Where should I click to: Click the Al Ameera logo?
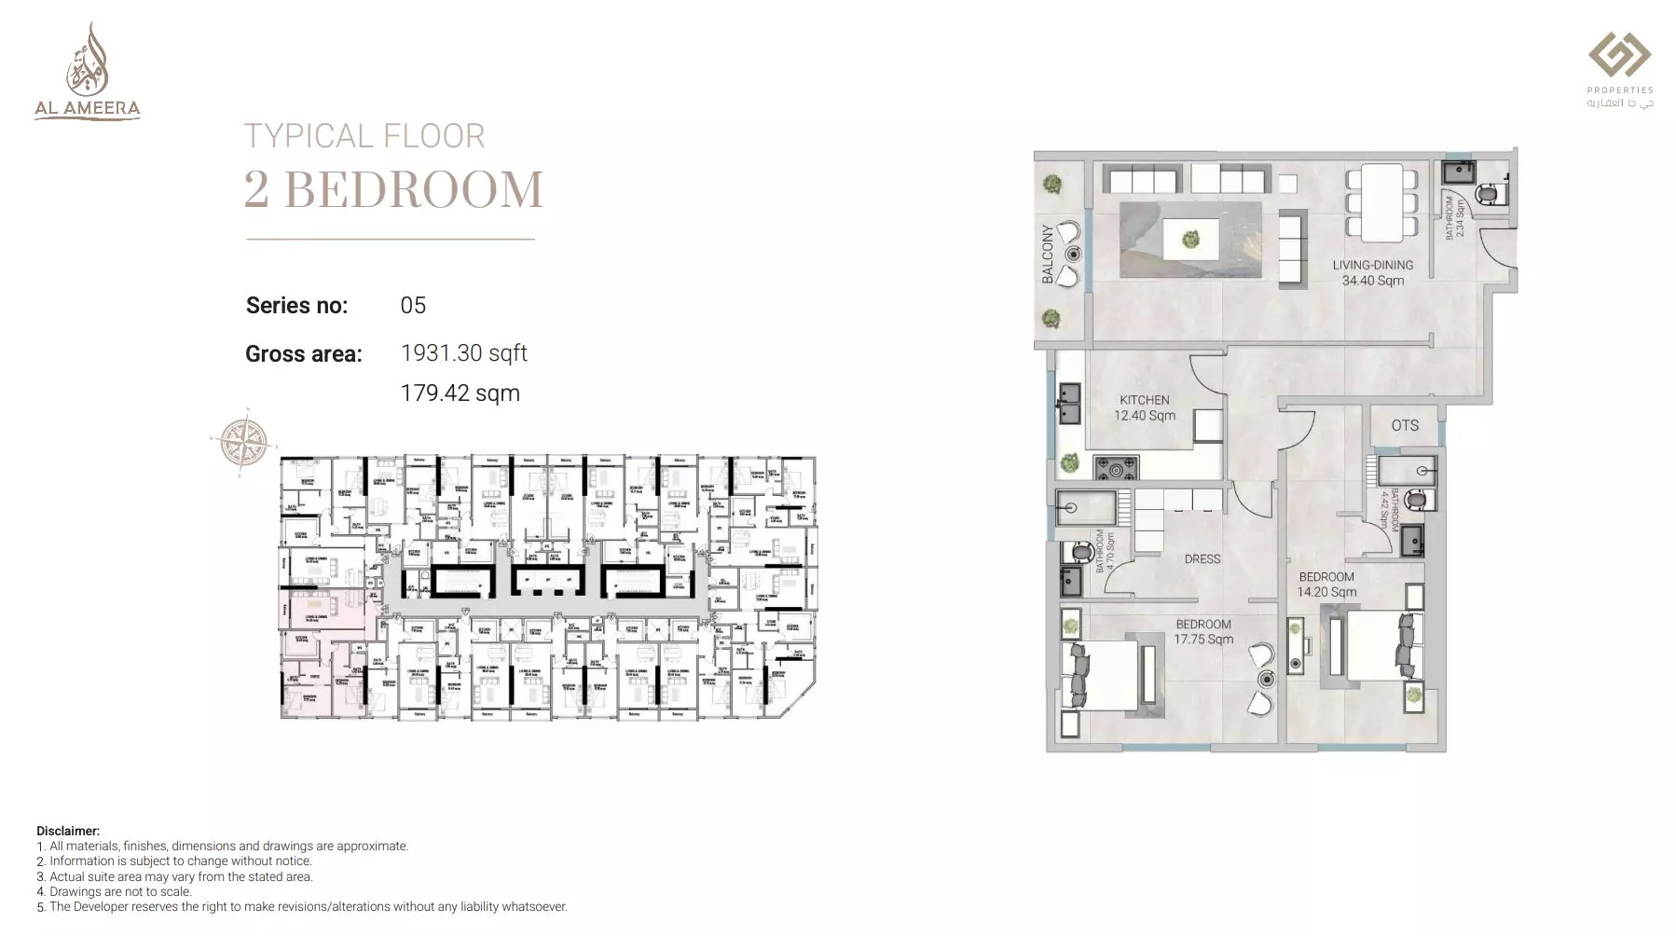pos(87,72)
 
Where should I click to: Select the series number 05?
pos(413,306)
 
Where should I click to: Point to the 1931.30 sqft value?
pos(463,353)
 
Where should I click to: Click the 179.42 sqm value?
pos(460,393)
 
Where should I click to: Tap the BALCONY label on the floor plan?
pos(1048,254)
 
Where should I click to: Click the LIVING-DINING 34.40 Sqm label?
pos(1372,272)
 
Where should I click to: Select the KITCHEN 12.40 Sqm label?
pos(1145,407)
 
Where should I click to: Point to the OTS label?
pos(1405,425)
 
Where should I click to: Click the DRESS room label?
pos(1202,559)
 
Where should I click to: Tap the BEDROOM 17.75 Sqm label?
pos(1202,631)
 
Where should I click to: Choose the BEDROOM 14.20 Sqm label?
pos(1326,585)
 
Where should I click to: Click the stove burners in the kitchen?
pos(1116,468)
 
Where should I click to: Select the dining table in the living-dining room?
pos(1381,202)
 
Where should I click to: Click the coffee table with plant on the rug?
pos(1190,239)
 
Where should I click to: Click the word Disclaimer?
pos(68,831)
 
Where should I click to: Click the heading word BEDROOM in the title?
pos(413,190)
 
